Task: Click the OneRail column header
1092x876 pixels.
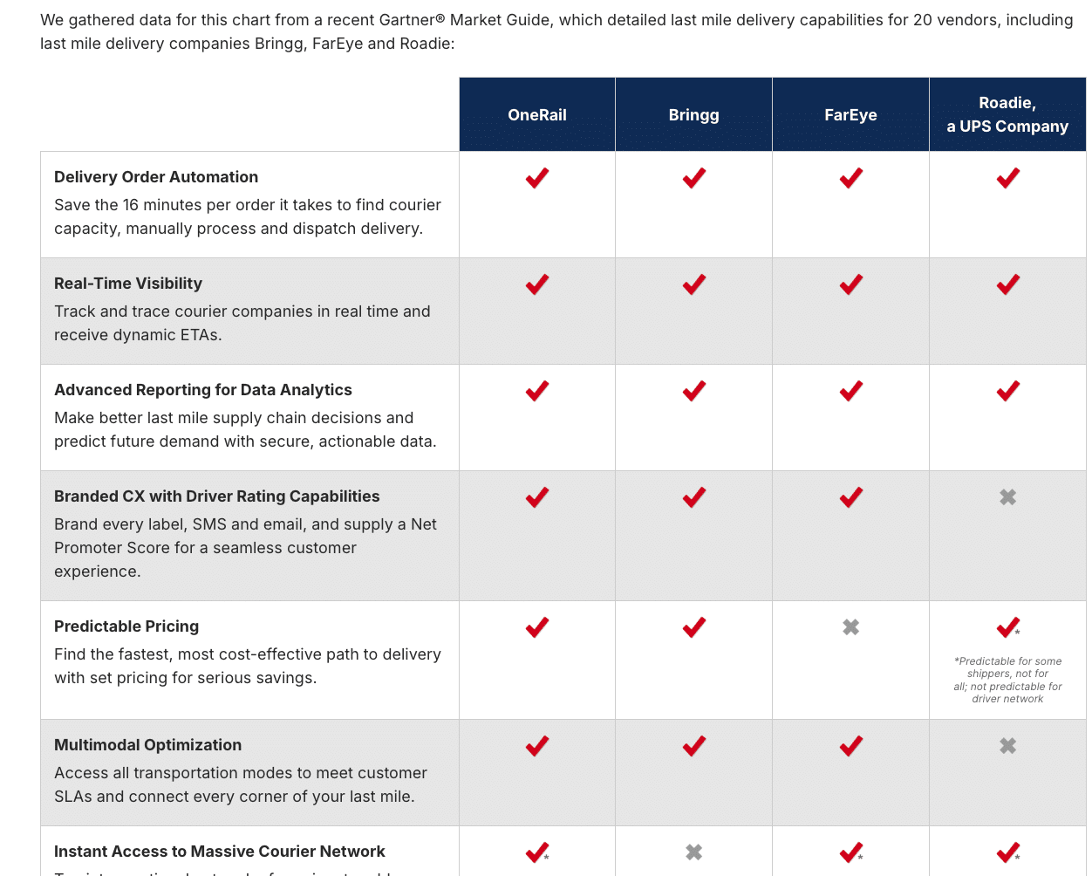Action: [537, 115]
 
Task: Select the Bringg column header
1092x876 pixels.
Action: [693, 115]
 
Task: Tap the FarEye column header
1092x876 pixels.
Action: [850, 115]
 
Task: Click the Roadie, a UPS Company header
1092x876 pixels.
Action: [1007, 115]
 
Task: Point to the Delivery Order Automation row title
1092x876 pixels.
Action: [156, 177]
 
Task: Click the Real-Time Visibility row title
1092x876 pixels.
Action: [128, 284]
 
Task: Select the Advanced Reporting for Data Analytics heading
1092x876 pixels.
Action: [203, 390]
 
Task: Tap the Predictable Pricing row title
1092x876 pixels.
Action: [126, 626]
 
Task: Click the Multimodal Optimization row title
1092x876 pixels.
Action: [148, 745]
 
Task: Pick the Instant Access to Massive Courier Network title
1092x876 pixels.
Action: [220, 852]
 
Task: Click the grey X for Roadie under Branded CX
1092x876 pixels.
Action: [1007, 497]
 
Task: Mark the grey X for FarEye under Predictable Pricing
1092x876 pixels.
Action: [850, 627]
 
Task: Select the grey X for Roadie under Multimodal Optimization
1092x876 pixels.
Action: [1007, 746]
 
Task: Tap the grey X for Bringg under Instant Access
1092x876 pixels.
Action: [693, 852]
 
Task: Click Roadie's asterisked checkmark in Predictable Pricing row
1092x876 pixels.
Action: [1007, 627]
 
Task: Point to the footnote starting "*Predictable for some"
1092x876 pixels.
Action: [1007, 680]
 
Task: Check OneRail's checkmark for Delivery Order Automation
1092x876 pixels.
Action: [537, 178]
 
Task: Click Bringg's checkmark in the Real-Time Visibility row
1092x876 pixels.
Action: [693, 284]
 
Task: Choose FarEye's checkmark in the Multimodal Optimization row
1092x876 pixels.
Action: [850, 746]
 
